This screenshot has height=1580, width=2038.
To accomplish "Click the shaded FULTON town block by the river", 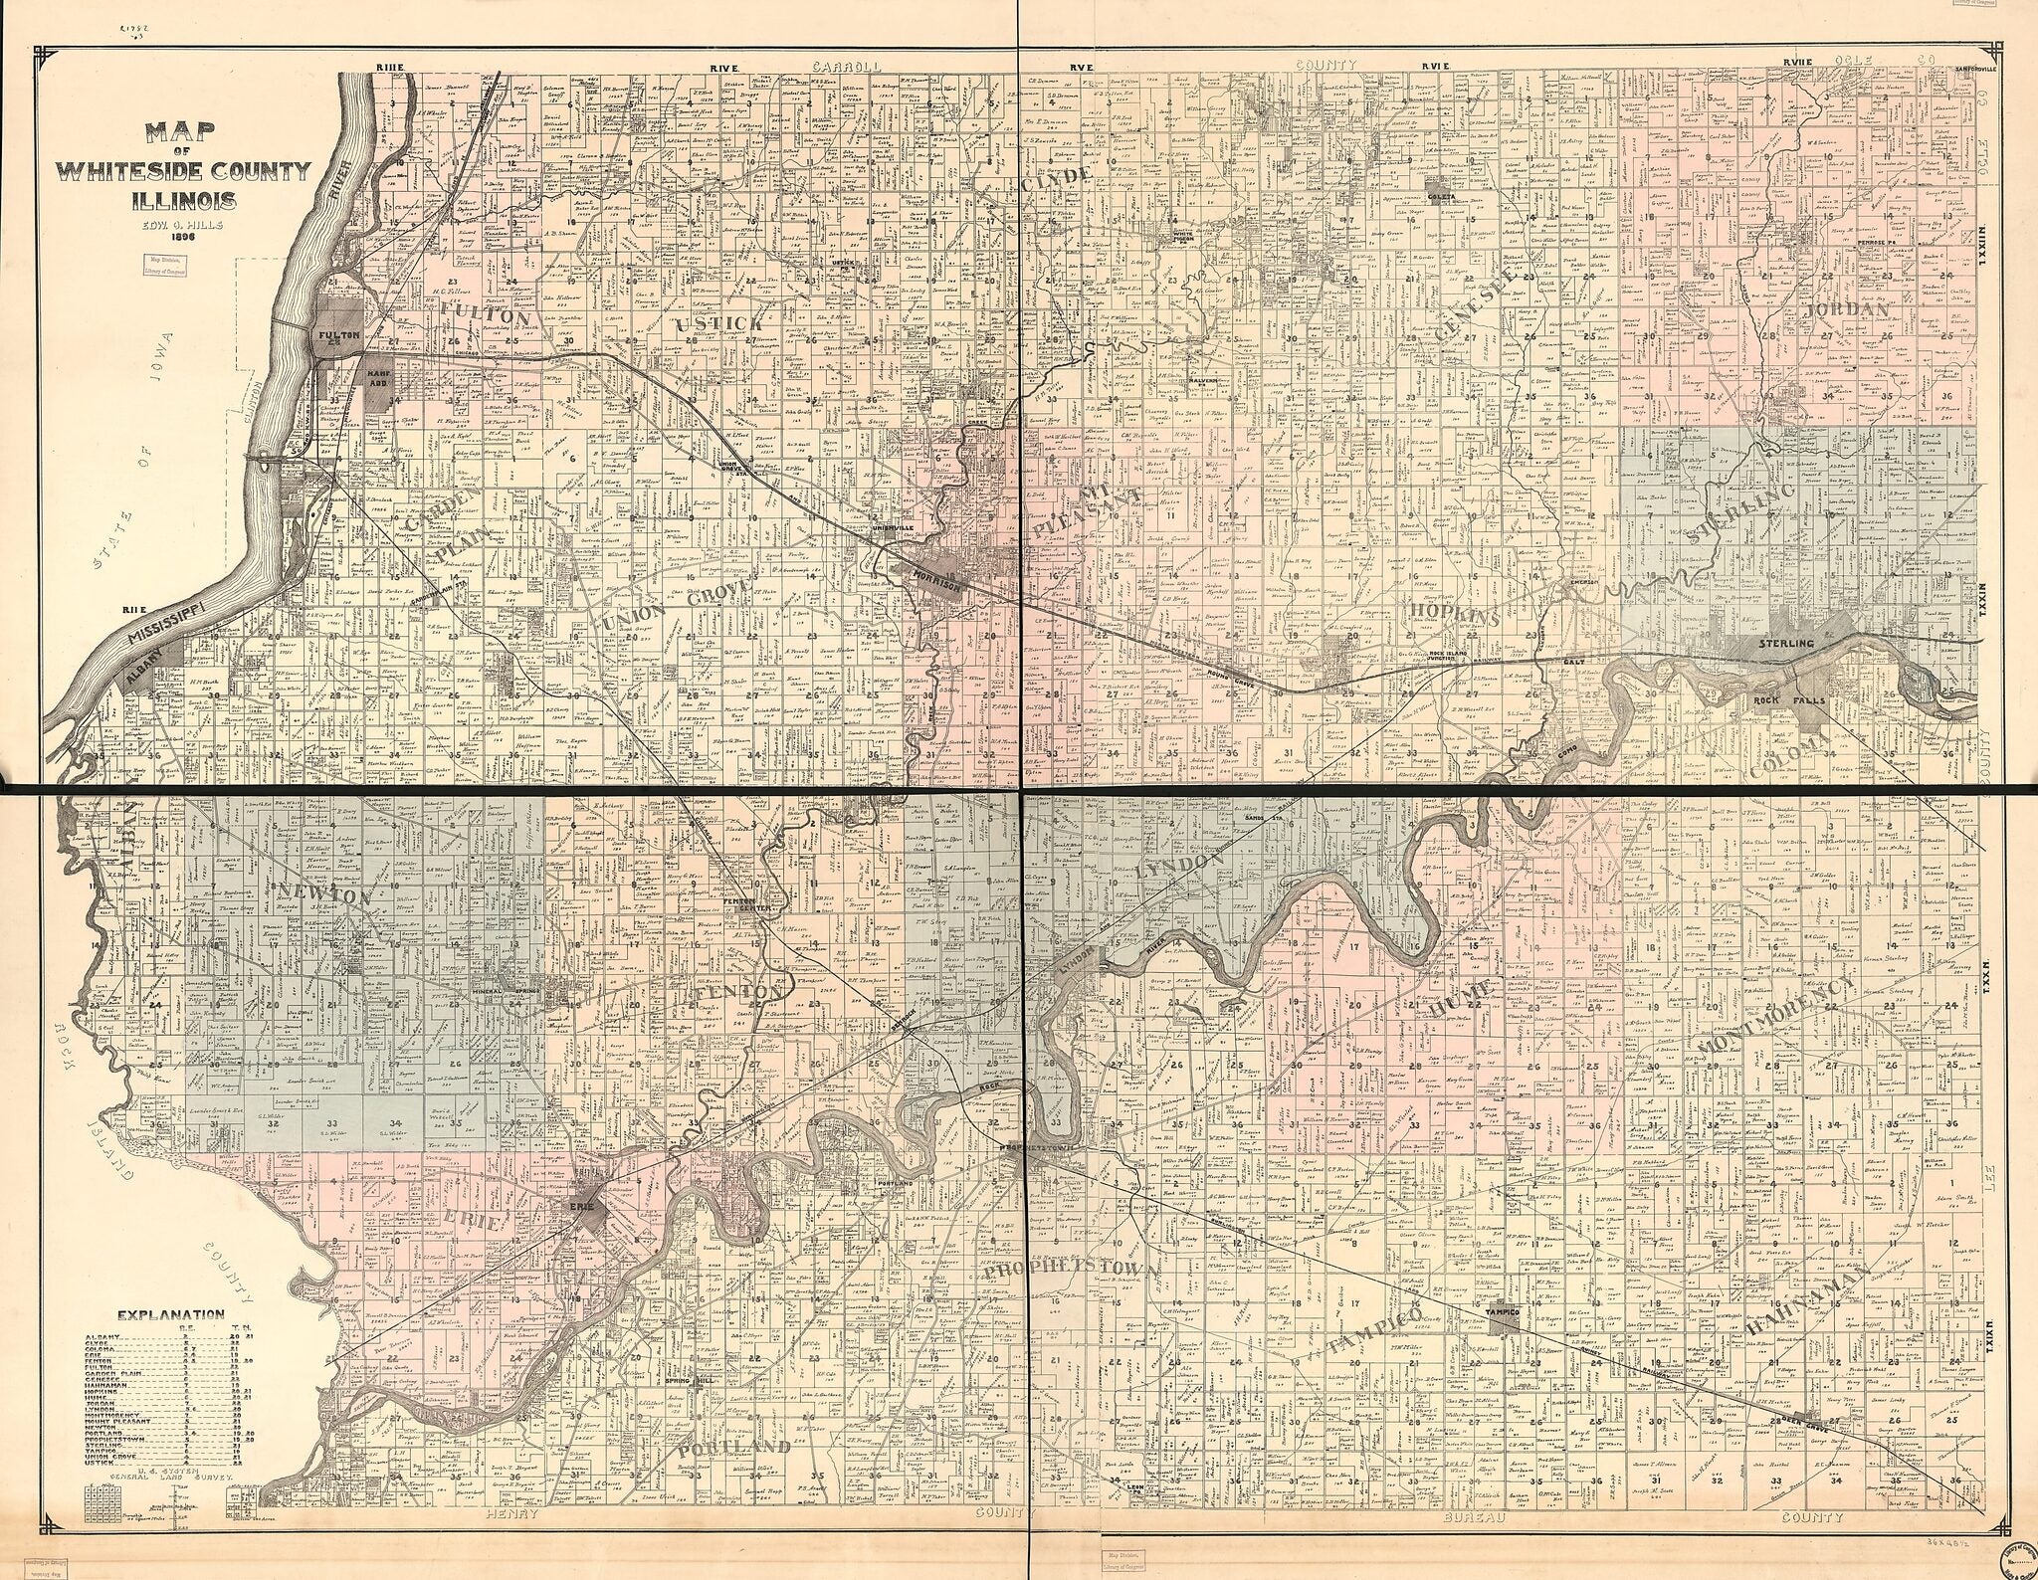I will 331,335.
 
